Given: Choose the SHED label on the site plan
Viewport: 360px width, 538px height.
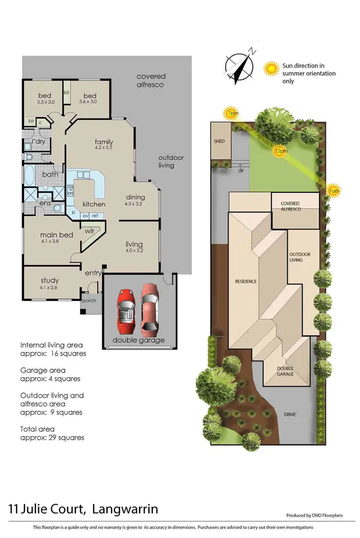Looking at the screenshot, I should pyautogui.click(x=219, y=142).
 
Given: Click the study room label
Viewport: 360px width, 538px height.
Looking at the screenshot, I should pyautogui.click(x=49, y=280).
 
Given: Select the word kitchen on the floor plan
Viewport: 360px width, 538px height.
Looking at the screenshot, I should pyautogui.click(x=94, y=204).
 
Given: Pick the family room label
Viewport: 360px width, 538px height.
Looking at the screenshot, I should pyautogui.click(x=104, y=142).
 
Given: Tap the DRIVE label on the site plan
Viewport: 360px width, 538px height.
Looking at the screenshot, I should pyautogui.click(x=290, y=414).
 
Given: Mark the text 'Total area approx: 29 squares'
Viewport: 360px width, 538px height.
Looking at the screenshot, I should pyautogui.click(x=52, y=433).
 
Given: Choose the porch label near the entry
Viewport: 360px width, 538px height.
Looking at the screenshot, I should pyautogui.click(x=89, y=301).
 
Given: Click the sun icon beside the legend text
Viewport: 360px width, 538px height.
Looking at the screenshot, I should pyautogui.click(x=272, y=69).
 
